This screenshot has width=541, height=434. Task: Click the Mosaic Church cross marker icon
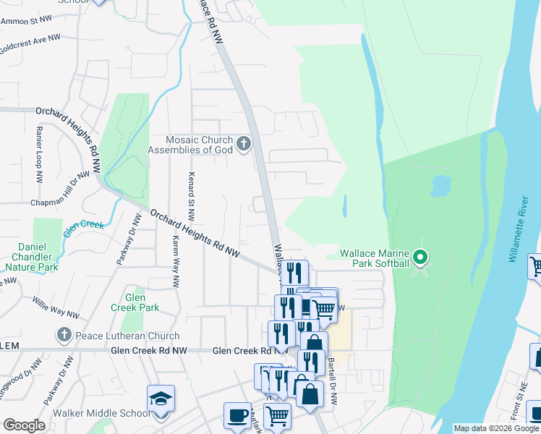click(x=243, y=144)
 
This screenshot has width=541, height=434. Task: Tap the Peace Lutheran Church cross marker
click(x=64, y=336)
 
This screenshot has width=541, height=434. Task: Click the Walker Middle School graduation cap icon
click(x=161, y=399)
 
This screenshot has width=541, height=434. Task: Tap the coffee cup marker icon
click(x=237, y=415)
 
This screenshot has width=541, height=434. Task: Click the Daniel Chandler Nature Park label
click(x=36, y=257)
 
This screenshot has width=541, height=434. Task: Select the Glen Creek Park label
click(x=135, y=302)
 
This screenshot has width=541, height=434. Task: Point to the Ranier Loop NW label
click(x=37, y=158)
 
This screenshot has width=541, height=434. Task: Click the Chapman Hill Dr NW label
click(x=61, y=188)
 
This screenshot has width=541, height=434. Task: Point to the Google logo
click(x=24, y=425)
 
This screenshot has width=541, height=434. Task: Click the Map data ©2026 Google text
click(x=496, y=428)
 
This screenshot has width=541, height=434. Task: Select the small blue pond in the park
click(x=440, y=186)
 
